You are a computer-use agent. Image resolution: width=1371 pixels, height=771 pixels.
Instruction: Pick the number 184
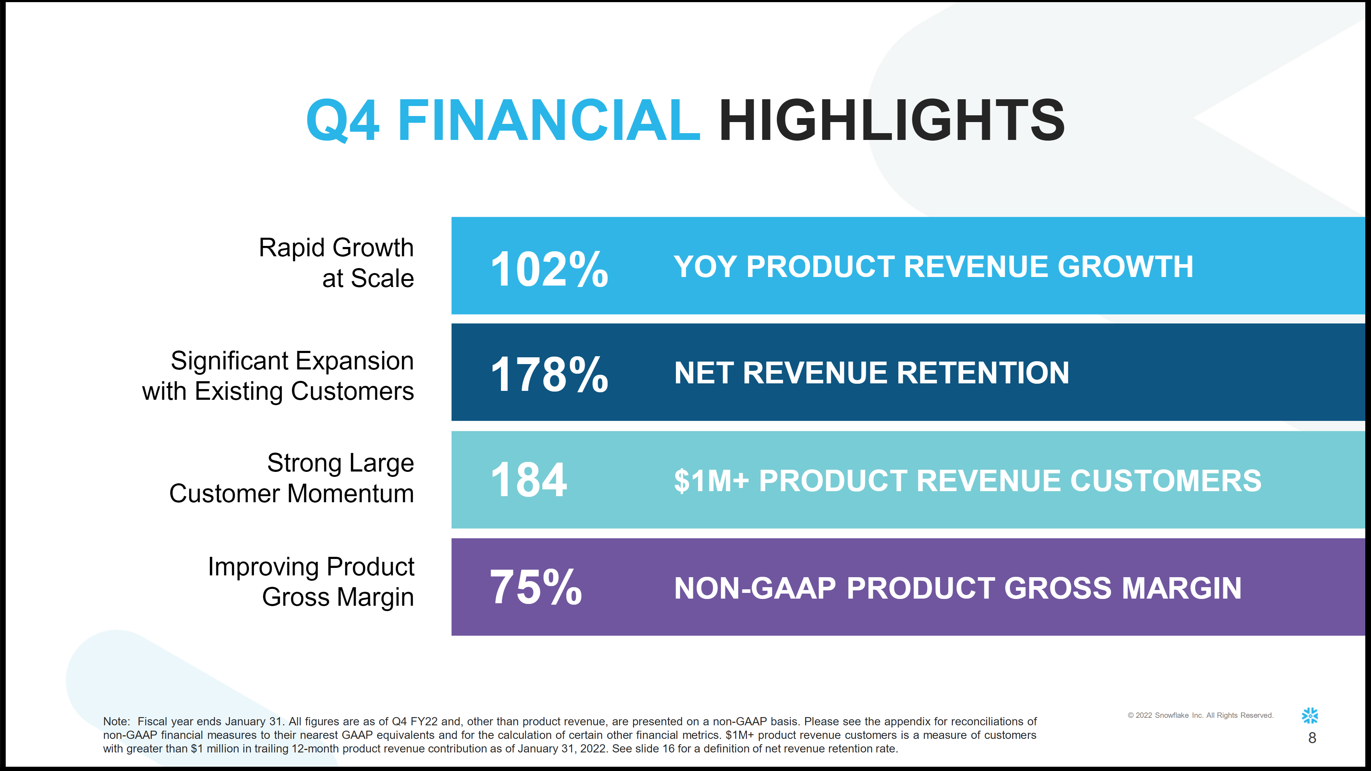[529, 480]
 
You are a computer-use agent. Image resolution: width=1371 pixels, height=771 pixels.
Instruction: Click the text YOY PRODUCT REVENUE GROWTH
[933, 267]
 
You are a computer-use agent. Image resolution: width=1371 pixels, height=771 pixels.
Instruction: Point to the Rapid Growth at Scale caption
[336, 263]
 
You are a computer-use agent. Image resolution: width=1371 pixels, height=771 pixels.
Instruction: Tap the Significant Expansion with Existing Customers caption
[278, 376]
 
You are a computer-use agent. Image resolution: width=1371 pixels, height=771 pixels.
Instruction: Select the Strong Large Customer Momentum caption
[292, 478]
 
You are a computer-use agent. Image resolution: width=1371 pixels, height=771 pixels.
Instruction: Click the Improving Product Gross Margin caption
[311, 581]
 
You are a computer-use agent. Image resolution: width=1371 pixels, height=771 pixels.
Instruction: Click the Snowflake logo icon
[1310, 716]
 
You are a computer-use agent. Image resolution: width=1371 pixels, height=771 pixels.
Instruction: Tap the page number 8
[1312, 738]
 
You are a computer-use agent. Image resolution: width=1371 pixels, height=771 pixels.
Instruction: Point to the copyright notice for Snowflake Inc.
[1200, 715]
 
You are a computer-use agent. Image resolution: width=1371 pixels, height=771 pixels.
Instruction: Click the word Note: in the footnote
[116, 721]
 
